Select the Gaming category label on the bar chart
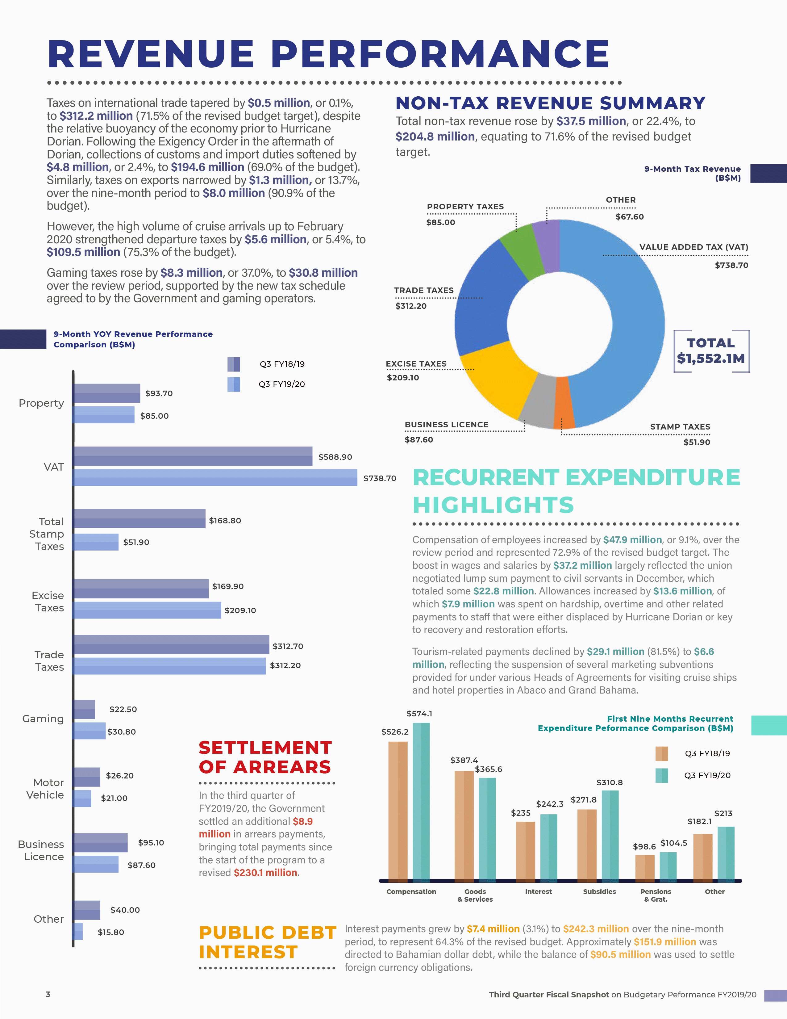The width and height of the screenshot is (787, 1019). coord(43,719)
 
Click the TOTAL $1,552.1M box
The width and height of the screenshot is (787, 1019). coord(711,351)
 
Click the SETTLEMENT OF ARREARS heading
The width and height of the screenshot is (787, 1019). coord(265,757)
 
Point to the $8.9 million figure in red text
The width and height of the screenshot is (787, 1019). coord(302,821)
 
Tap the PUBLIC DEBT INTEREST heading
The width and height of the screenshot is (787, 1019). coord(267,942)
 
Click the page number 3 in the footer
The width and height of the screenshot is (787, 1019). coord(48,994)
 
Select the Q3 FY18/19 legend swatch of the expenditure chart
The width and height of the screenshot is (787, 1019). coord(661,753)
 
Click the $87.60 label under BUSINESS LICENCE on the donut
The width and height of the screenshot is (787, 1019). coord(419,439)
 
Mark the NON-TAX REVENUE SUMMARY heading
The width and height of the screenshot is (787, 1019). coord(550,103)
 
